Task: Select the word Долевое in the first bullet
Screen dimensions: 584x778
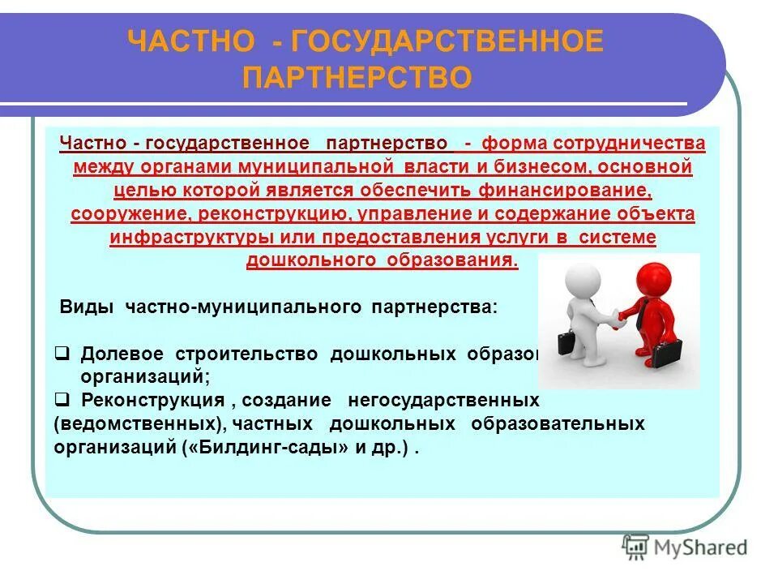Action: point(122,355)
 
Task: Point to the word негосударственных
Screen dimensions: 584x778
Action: point(442,401)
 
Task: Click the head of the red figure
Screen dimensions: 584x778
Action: point(649,274)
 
